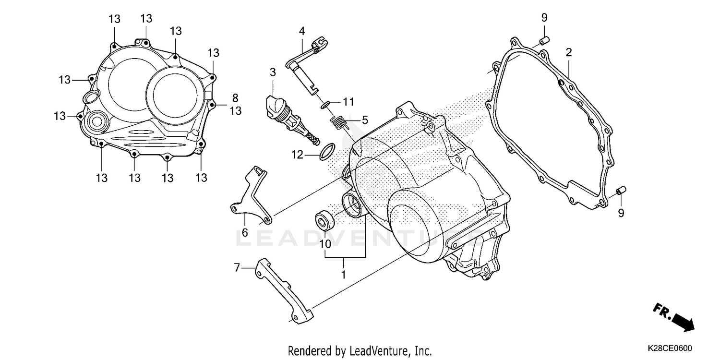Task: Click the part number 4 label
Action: tap(301, 31)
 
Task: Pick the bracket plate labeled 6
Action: tap(251, 197)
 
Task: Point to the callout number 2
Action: tap(569, 52)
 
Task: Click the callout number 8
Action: tap(235, 98)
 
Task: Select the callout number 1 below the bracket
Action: tap(343, 275)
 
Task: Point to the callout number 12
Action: tap(297, 155)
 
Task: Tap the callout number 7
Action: tap(237, 267)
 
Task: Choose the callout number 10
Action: tap(325, 243)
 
